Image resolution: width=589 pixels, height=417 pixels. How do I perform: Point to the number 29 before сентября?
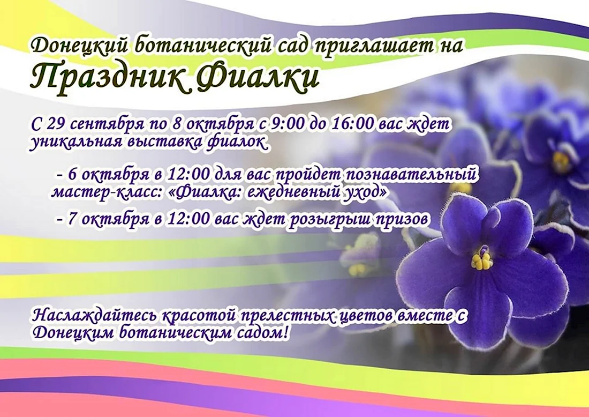point(55,124)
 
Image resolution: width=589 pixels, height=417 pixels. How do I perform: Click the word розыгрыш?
point(330,219)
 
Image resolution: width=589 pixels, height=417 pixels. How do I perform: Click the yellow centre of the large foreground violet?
point(481,260)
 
